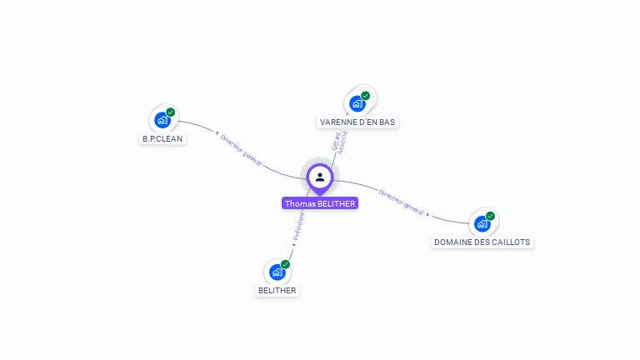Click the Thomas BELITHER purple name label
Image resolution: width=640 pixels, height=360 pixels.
pyautogui.click(x=320, y=203)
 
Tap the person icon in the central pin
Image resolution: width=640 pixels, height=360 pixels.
pyautogui.click(x=320, y=177)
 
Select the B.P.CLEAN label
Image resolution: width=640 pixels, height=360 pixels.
pyautogui.click(x=162, y=138)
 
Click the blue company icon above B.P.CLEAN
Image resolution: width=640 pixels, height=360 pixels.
pyautogui.click(x=162, y=120)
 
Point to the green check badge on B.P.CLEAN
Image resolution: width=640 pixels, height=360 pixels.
pyautogui.click(x=171, y=112)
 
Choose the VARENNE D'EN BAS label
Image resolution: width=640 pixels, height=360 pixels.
pyautogui.click(x=357, y=122)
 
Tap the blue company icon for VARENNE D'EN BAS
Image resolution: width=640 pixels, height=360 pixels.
pyautogui.click(x=357, y=103)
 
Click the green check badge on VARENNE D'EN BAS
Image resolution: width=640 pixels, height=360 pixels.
pyautogui.click(x=365, y=96)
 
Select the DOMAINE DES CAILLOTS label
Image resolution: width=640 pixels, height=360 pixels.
pyautogui.click(x=482, y=242)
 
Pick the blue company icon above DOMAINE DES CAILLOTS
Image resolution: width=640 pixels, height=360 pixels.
pyautogui.click(x=482, y=223)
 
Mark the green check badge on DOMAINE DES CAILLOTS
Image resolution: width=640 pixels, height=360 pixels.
pyautogui.click(x=491, y=216)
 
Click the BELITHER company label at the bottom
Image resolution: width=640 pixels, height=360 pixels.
pyautogui.click(x=277, y=290)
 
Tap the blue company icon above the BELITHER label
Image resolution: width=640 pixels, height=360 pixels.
pyautogui.click(x=277, y=272)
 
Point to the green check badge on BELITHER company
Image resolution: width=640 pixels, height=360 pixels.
pyautogui.click(x=286, y=264)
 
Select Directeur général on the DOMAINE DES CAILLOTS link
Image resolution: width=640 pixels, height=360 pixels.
pyautogui.click(x=402, y=202)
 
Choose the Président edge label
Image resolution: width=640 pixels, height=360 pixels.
pyautogui.click(x=299, y=227)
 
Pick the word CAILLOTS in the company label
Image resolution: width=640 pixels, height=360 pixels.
pyautogui.click(x=508, y=242)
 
